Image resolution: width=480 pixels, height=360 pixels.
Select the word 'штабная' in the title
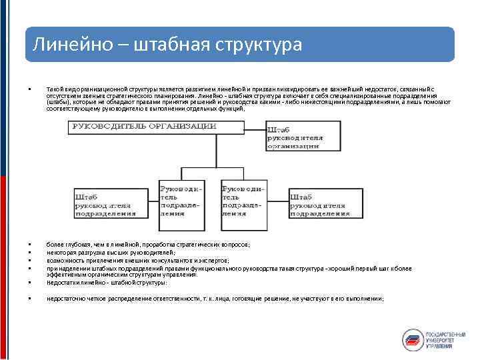pos(171,45)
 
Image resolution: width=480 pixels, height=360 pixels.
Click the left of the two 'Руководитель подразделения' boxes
pos(179,198)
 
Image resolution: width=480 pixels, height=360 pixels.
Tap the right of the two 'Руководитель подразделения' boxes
pos(243,198)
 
